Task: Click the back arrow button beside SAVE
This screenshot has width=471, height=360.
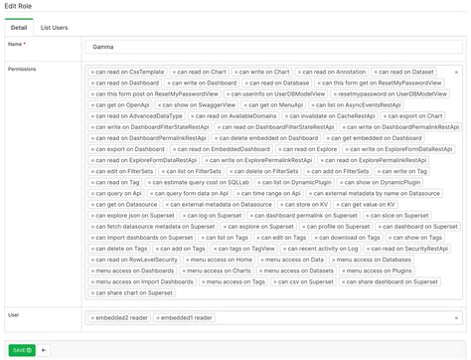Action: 44,350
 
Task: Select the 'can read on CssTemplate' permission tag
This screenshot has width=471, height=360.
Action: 128,72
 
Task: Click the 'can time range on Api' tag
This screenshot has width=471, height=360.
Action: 262,193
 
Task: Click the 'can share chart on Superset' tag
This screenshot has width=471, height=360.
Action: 131,293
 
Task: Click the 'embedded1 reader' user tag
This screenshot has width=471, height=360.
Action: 187,318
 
